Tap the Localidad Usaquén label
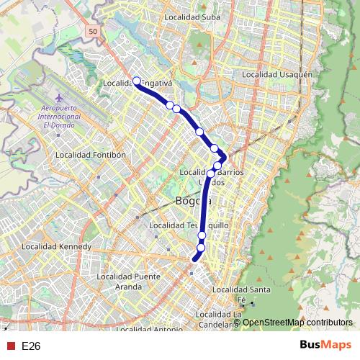click(x=277, y=74)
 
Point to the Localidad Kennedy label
click(x=57, y=246)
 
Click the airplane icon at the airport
click(x=58, y=97)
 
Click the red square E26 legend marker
click(x=10, y=346)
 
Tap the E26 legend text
click(x=31, y=346)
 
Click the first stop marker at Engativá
click(x=136, y=81)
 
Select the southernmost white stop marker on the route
click(x=201, y=248)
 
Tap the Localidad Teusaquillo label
click(x=188, y=225)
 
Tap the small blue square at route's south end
click(x=192, y=273)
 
